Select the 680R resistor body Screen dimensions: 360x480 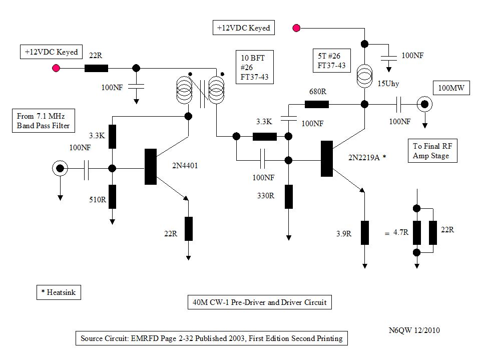pyautogui.click(x=316, y=104)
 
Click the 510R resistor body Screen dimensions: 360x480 pyautogui.click(x=113, y=196)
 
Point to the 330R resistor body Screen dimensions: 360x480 pyautogui.click(x=289, y=196)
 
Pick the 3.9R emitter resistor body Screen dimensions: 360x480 pyautogui.click(x=365, y=232)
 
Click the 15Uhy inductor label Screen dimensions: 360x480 pyautogui.click(x=388, y=83)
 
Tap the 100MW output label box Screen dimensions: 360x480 pyautogui.click(x=451, y=89)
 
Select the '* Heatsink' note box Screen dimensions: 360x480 pyautogui.click(x=59, y=292)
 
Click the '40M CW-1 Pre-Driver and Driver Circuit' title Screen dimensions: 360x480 pyautogui.click(x=259, y=302)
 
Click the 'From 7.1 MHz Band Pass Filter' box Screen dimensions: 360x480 pyautogui.click(x=43, y=122)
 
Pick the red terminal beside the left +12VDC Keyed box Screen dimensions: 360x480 pyautogui.click(x=57, y=68)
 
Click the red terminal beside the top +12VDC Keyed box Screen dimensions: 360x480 pyautogui.click(x=297, y=28)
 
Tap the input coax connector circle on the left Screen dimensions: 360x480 pyautogui.click(x=60, y=169)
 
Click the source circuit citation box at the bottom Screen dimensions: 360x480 pyautogui.click(x=211, y=338)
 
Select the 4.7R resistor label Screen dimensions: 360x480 pyautogui.click(x=401, y=233)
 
